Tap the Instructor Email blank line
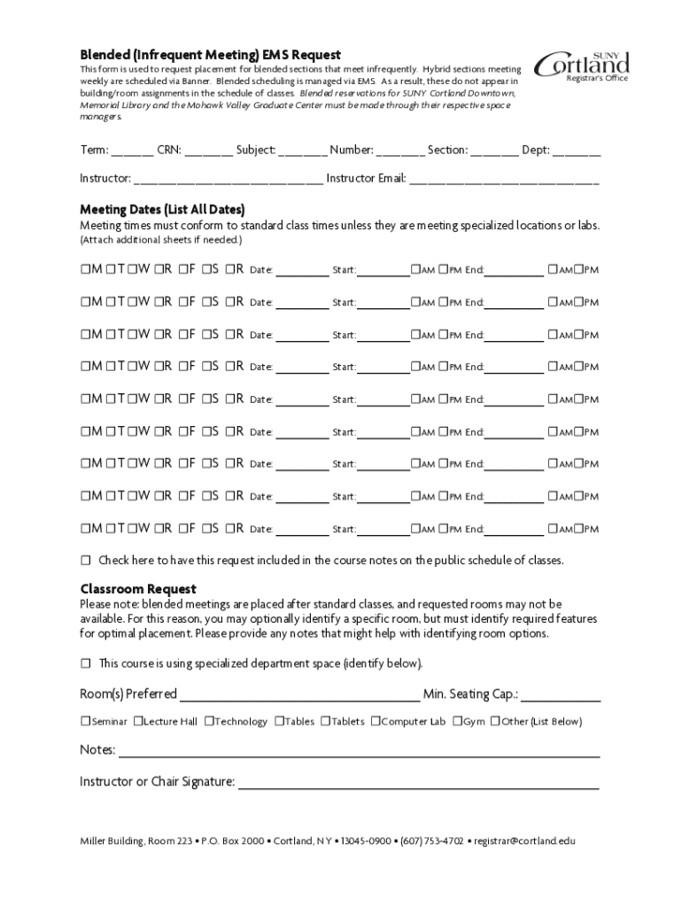pos(504,181)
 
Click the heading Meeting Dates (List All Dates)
pos(162,210)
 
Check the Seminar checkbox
pos(86,721)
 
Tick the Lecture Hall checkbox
pos(138,721)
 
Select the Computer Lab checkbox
pos(376,721)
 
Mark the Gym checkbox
pos(457,721)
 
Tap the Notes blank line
pos(359,753)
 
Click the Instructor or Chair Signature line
pos(418,784)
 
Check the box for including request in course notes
pos(86,561)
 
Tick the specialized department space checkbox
pos(86,663)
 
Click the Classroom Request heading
pos(138,589)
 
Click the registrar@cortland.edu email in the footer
pos(526,841)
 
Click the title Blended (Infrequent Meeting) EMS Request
pos(211,55)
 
